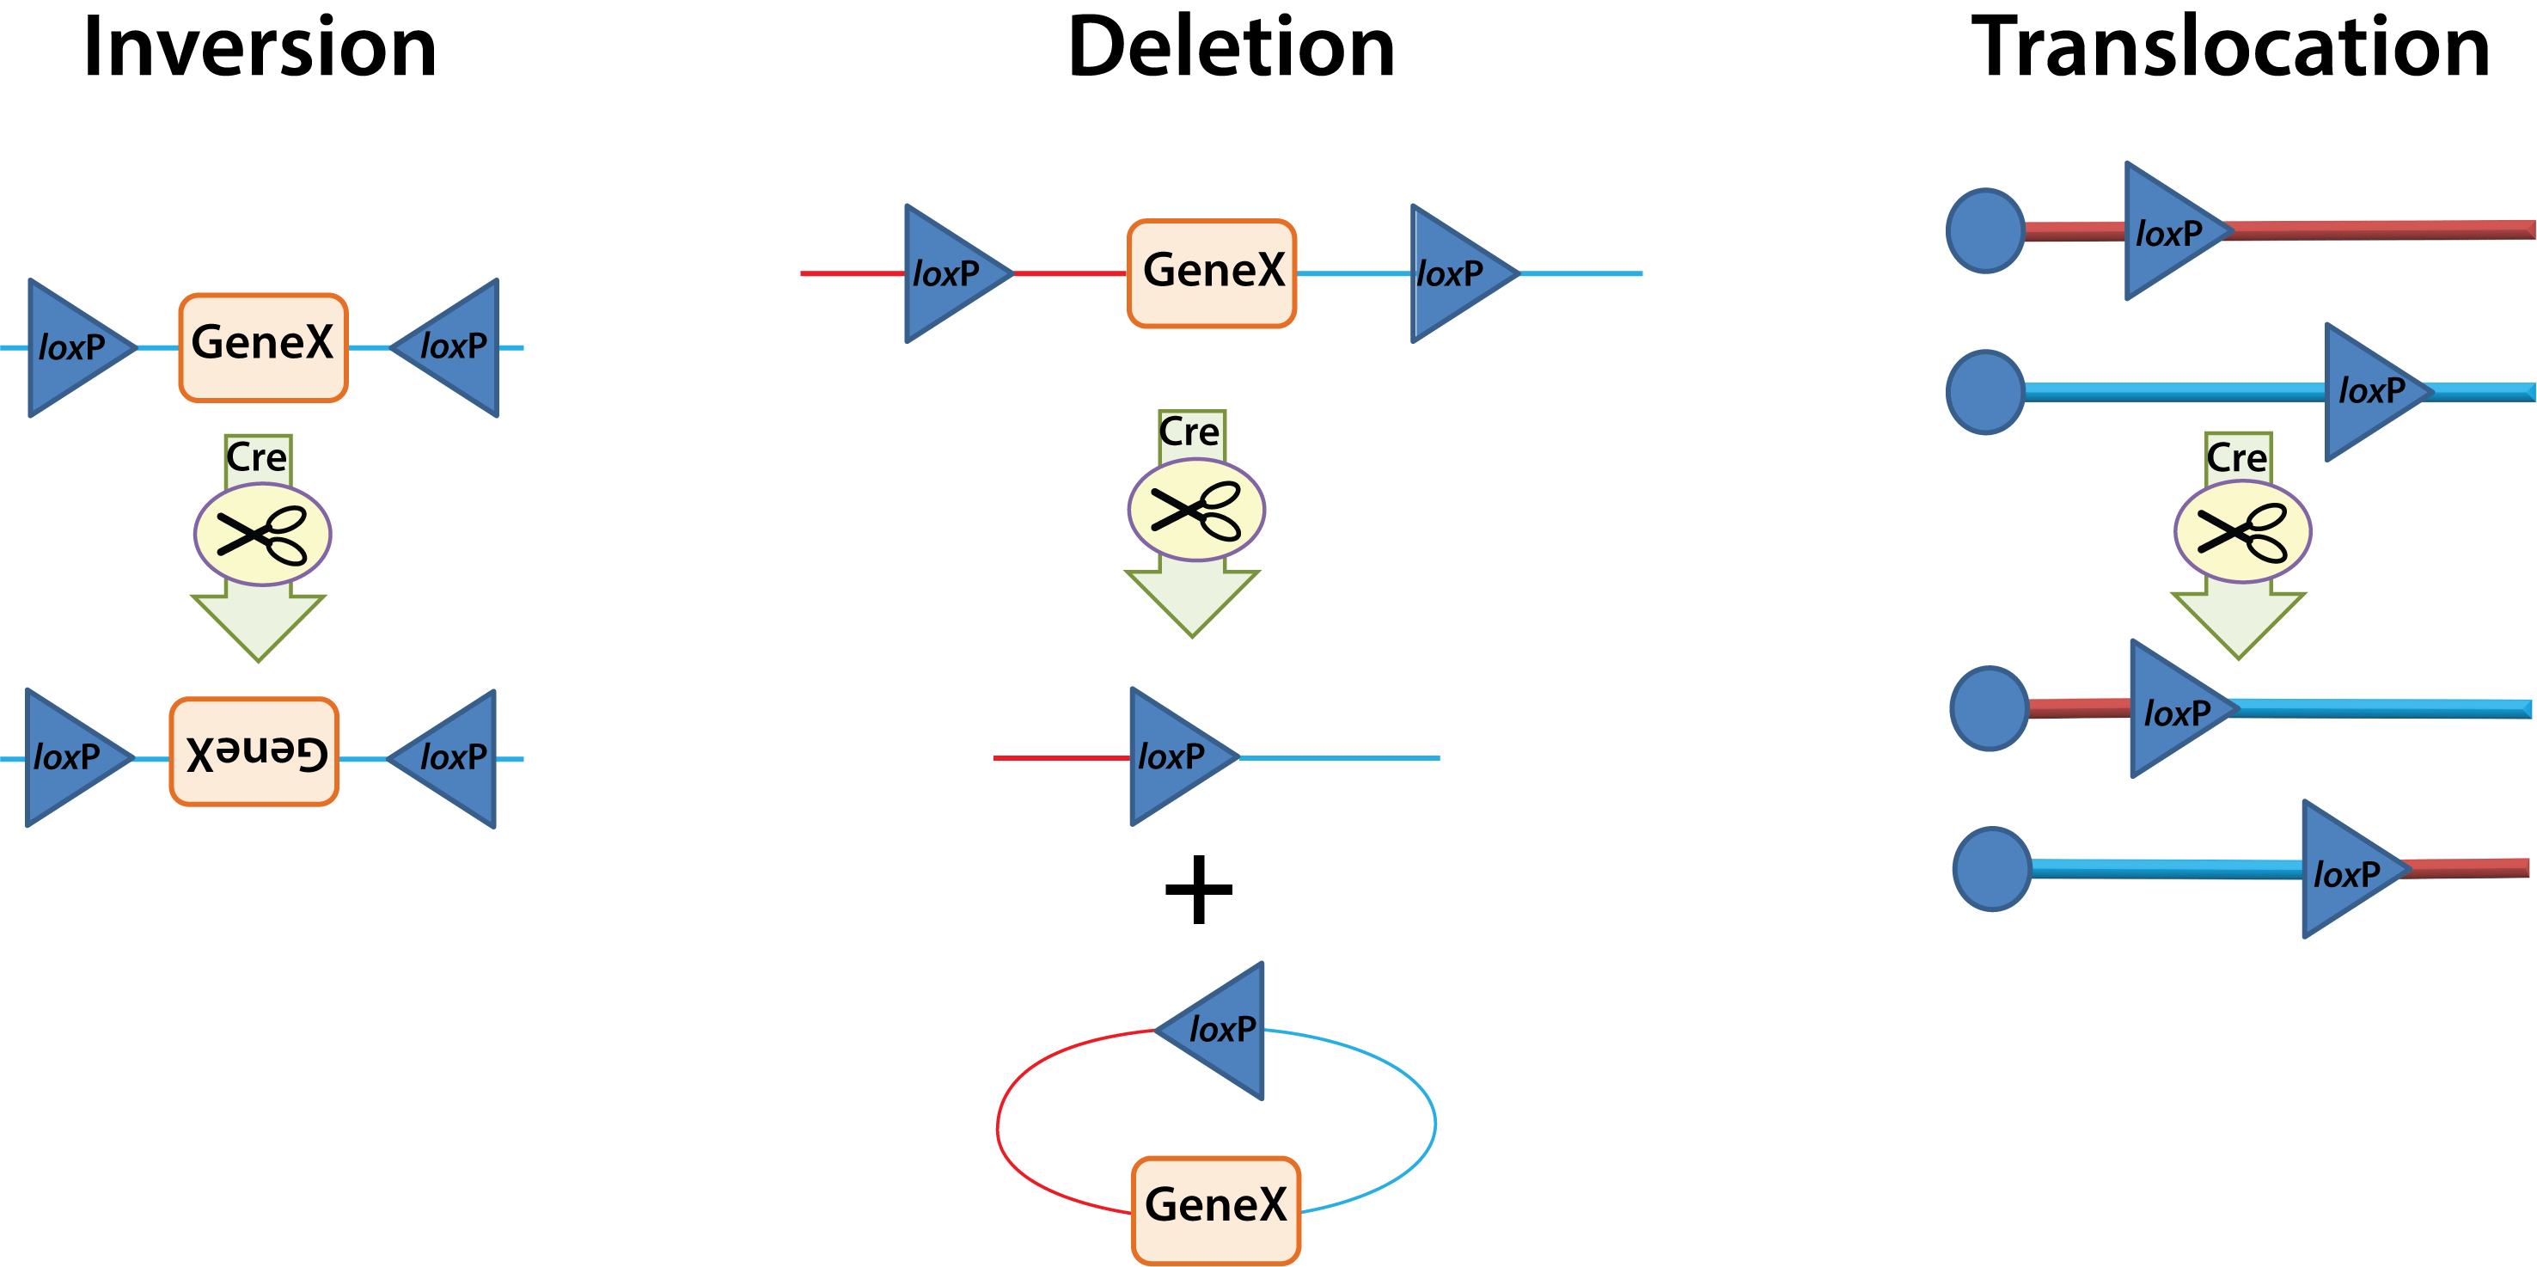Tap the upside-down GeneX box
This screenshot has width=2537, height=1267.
[x=254, y=752]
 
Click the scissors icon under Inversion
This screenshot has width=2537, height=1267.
[x=262, y=535]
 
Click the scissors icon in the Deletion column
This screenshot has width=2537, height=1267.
[x=1195, y=511]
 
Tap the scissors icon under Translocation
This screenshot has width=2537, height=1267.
[x=2242, y=532]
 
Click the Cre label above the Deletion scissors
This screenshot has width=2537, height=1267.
[x=1189, y=432]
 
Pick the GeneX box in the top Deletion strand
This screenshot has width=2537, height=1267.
[x=1212, y=272]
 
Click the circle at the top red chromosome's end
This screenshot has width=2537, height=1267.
[x=1985, y=231]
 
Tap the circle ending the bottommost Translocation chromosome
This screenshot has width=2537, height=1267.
[x=1991, y=869]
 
